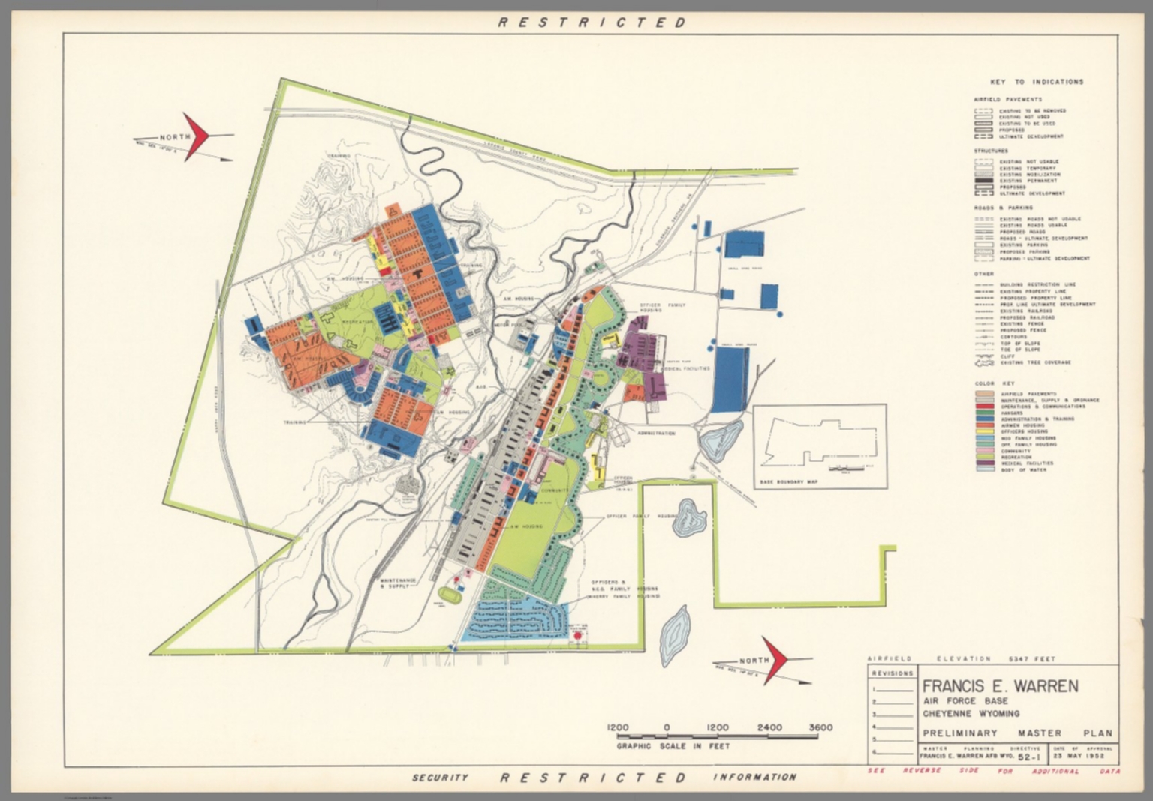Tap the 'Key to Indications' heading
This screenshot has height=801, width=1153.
tap(1036, 82)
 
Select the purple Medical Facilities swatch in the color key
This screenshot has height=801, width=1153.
tap(984, 463)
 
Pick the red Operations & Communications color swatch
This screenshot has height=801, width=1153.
tap(984, 406)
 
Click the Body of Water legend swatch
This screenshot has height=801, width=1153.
tap(984, 470)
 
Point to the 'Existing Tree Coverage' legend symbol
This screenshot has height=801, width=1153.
tap(983, 362)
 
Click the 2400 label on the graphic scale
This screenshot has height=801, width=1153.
tap(769, 727)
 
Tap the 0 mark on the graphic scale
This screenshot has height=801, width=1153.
tap(667, 727)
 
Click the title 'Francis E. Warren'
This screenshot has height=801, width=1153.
tap(999, 686)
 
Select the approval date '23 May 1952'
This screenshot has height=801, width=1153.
tap(1083, 756)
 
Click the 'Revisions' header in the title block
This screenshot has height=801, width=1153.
tap(893, 673)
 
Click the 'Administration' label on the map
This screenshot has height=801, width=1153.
tap(656, 433)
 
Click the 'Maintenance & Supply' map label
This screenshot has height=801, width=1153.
tap(398, 583)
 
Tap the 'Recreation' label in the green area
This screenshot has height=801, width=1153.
tap(357, 322)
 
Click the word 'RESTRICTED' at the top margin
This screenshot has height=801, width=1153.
tap(592, 22)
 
